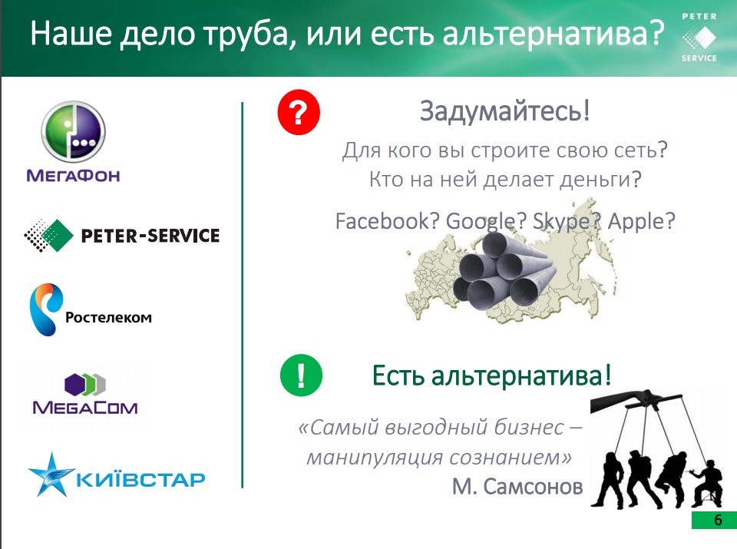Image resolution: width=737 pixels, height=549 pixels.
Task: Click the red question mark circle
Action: (x=299, y=112)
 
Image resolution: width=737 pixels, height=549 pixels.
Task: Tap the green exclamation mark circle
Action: (x=301, y=375)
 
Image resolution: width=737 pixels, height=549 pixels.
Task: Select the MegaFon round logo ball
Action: (x=74, y=131)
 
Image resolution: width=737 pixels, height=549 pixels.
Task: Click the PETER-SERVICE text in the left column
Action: (x=150, y=236)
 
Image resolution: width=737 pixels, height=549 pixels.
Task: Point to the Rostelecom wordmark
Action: (x=108, y=317)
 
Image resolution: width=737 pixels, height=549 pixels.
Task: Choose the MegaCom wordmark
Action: (x=85, y=407)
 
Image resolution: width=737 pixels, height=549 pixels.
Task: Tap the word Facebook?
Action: (x=388, y=221)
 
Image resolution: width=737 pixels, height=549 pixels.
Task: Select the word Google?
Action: (x=486, y=222)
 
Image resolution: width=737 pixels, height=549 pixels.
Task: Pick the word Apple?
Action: (x=642, y=222)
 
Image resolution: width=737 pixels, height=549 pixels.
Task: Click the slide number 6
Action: (x=718, y=520)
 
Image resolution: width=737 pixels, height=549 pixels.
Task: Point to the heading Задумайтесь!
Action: (x=505, y=111)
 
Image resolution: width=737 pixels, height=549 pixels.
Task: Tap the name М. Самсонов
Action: (x=517, y=487)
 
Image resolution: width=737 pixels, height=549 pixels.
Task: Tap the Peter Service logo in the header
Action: (x=699, y=38)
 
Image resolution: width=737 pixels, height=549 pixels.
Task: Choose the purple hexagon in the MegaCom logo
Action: (x=74, y=384)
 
